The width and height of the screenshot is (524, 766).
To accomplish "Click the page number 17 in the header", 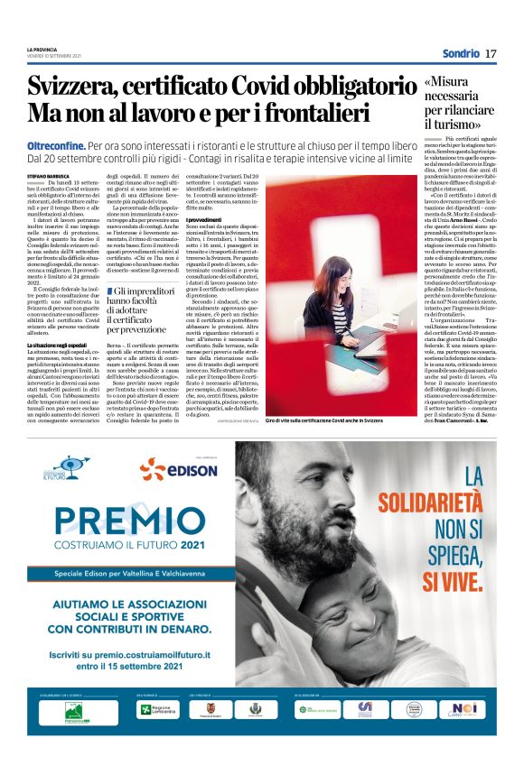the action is (491, 54).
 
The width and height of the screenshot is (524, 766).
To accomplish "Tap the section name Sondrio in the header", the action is (460, 54).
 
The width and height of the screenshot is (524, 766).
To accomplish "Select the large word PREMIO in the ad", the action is (107, 519).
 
